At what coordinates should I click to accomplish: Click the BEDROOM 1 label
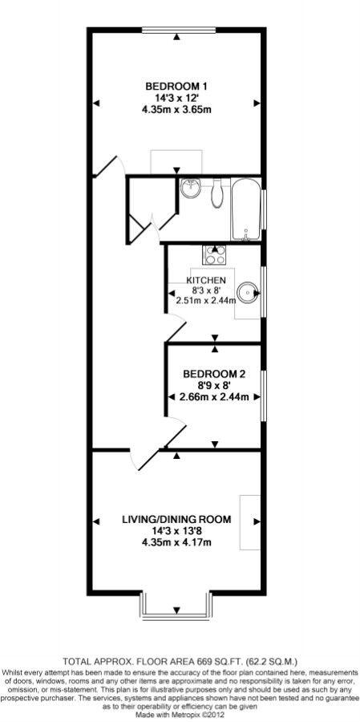[176, 87]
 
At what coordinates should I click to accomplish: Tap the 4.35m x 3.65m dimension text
[176, 110]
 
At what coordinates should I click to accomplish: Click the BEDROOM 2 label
[214, 374]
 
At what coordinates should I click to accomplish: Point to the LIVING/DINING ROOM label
[176, 520]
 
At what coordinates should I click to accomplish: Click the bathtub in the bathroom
[245, 209]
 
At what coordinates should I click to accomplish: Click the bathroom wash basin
[191, 189]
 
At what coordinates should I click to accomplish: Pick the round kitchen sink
[249, 290]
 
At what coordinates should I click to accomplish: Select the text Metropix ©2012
[197, 714]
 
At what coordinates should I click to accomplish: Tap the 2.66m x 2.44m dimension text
[214, 396]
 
